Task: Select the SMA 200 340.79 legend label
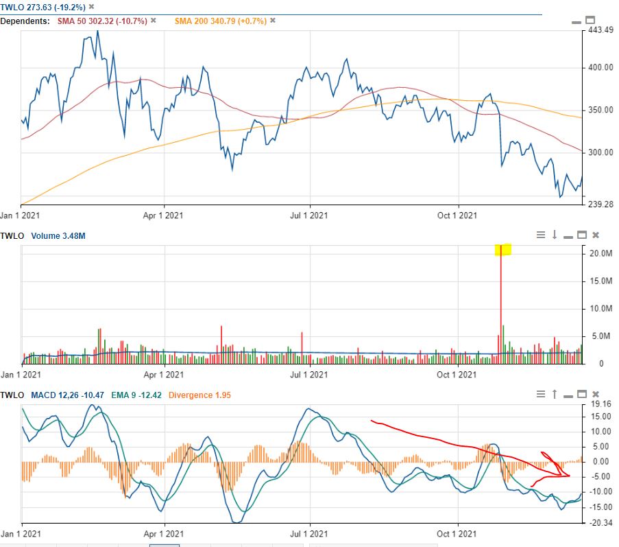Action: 219,21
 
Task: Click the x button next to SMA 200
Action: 272,21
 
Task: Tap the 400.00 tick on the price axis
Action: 600,67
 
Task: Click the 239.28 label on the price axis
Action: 601,204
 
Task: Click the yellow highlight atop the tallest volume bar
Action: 503,249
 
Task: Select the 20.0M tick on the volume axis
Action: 600,253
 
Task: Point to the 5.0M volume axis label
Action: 600,336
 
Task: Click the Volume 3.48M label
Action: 62,236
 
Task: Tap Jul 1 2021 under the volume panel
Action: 309,375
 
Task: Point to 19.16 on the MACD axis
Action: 600,405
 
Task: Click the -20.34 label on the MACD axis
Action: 600,523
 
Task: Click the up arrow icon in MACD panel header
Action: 555,395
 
